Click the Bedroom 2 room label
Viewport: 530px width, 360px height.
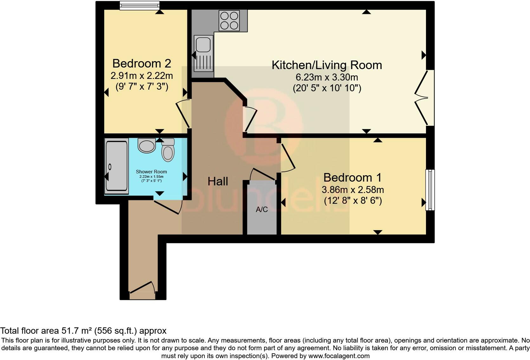point(142,63)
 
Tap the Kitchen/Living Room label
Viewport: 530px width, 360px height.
point(327,65)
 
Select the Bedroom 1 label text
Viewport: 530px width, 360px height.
point(352,177)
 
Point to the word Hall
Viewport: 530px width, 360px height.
point(218,181)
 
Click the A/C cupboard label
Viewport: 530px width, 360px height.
point(262,209)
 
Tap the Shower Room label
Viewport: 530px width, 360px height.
point(151,172)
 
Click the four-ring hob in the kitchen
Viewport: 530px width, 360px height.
point(229,20)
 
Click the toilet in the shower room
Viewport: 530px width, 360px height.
point(168,150)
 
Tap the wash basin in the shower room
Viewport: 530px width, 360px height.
point(146,145)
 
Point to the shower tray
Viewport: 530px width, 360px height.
point(117,166)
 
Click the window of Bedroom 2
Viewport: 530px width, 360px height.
point(139,5)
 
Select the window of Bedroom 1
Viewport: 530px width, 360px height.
point(430,190)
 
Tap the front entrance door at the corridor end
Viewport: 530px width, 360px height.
point(142,290)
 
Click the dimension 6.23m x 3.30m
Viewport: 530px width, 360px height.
point(327,77)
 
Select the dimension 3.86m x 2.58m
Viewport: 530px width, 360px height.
point(352,190)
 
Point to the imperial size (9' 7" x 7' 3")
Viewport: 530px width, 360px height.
point(142,86)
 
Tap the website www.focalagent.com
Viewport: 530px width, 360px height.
point(339,356)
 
